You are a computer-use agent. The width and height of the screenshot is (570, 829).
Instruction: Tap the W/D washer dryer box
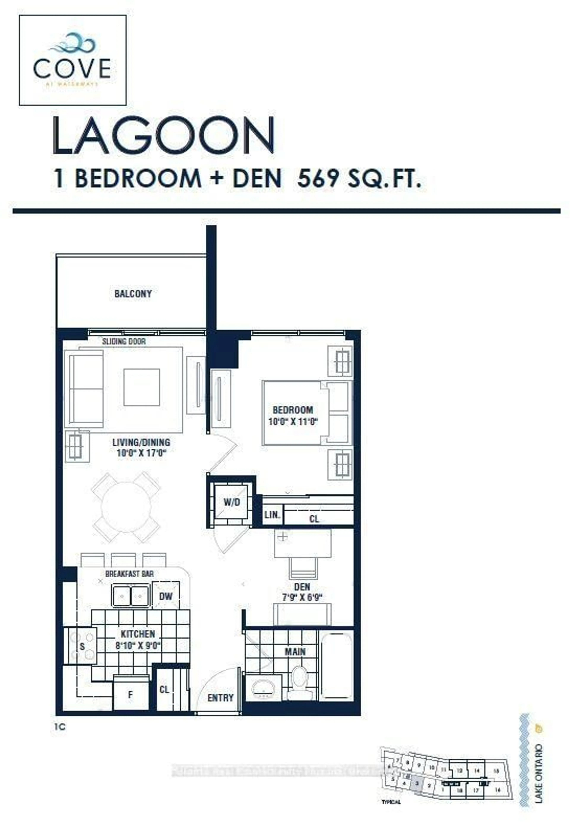click(x=231, y=502)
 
